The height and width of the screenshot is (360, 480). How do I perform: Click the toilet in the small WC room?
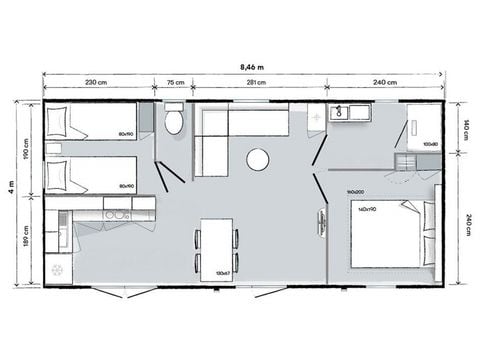(x=174, y=121)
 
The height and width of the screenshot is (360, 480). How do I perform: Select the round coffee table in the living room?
(x=258, y=159)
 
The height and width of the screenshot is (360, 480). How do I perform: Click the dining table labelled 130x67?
(x=216, y=247)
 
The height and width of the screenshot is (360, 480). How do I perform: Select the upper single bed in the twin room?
(x=92, y=122)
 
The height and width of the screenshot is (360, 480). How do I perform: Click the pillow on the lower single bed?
(x=58, y=175)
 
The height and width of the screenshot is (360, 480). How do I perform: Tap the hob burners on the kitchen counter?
(x=117, y=214)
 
